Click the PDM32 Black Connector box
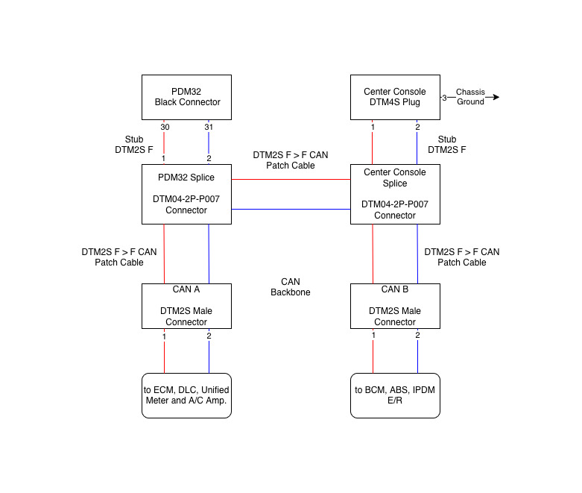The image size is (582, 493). pos(186,97)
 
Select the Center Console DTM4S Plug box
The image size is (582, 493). pos(395,97)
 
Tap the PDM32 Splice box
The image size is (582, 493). pos(186,194)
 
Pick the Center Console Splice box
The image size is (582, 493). pos(395,194)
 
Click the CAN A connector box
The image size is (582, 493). pos(186,306)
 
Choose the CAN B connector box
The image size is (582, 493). pos(395,306)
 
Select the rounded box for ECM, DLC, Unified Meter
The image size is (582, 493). pos(186,395)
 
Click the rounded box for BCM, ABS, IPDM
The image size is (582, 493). pos(395,395)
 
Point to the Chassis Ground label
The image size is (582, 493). pos(470,97)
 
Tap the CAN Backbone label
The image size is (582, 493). pos(290,287)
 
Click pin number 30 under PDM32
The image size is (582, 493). pos(164,128)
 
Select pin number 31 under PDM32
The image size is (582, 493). pos(209,128)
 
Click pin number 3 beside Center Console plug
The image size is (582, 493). pos(444,98)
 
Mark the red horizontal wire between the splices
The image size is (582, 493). pos(291,179)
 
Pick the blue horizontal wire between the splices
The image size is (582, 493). pos(291,209)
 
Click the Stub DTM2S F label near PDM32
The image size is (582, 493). pos(139,145)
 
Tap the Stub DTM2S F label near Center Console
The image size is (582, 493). pos(447,145)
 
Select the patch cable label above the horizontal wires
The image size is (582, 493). pos(290,160)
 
